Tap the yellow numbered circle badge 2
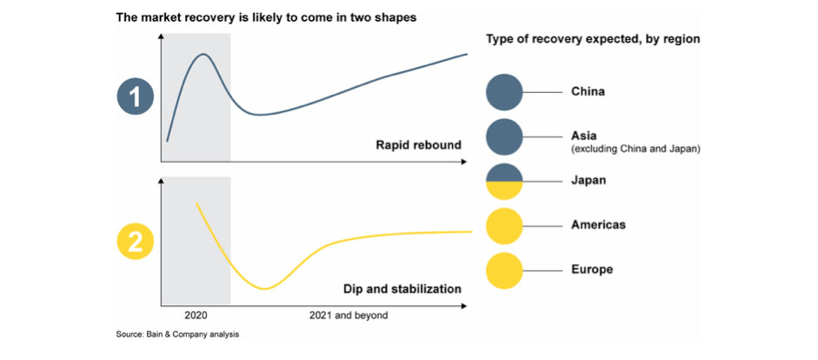pyautogui.click(x=135, y=243)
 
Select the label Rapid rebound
pyautogui.click(x=418, y=145)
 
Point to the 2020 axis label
pyautogui.click(x=196, y=315)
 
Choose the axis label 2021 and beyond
pyautogui.click(x=349, y=315)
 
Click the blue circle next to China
pyautogui.click(x=503, y=91)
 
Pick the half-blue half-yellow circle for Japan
pyautogui.click(x=503, y=181)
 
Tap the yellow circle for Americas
pyautogui.click(x=503, y=225)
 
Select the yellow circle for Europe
pyautogui.click(x=503, y=270)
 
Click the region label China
pyautogui.click(x=588, y=91)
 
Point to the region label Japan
pyautogui.click(x=589, y=181)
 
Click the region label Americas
pyautogui.click(x=598, y=225)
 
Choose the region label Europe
pyautogui.click(x=592, y=270)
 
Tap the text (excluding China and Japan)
pyautogui.click(x=635, y=150)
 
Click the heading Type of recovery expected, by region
pyautogui.click(x=592, y=39)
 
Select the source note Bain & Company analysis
pyautogui.click(x=177, y=334)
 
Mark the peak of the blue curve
pyautogui.click(x=203, y=54)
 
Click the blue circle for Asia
pyautogui.click(x=503, y=137)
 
